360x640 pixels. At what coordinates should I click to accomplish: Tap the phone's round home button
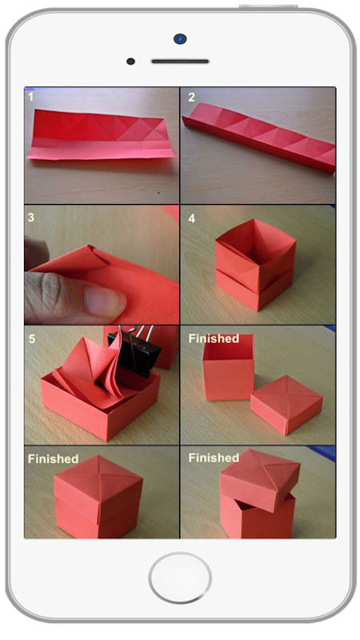pyautogui.click(x=180, y=578)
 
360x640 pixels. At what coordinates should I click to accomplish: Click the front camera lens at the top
pyautogui.click(x=180, y=38)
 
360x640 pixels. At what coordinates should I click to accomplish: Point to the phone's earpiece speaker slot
pyautogui.click(x=180, y=62)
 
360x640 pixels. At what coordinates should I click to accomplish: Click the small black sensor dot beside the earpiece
pyautogui.click(x=130, y=62)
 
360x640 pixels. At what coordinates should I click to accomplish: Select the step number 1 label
pyautogui.click(x=30, y=97)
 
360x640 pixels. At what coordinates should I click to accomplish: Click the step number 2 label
pyautogui.click(x=191, y=97)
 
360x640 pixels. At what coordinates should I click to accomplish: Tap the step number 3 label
pyautogui.click(x=30, y=217)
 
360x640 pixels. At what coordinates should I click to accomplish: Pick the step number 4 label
pyautogui.click(x=192, y=218)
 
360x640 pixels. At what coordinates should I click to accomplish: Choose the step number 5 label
pyautogui.click(x=31, y=338)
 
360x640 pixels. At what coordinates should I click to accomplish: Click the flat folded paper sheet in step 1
pyautogui.click(x=102, y=134)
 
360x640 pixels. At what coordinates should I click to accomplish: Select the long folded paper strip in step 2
pyautogui.click(x=258, y=137)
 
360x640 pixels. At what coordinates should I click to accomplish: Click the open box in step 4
pyautogui.click(x=255, y=264)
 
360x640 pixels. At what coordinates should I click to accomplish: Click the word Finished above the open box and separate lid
pyautogui.click(x=214, y=338)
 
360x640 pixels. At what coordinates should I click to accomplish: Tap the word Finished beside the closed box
pyautogui.click(x=53, y=458)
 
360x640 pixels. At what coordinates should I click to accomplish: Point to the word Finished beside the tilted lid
pyautogui.click(x=214, y=458)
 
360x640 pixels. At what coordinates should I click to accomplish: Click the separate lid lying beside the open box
pyautogui.click(x=286, y=405)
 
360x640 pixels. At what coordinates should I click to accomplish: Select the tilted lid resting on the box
pyautogui.click(x=259, y=479)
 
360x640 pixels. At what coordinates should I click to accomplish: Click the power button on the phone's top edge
pyautogui.click(x=268, y=6)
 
